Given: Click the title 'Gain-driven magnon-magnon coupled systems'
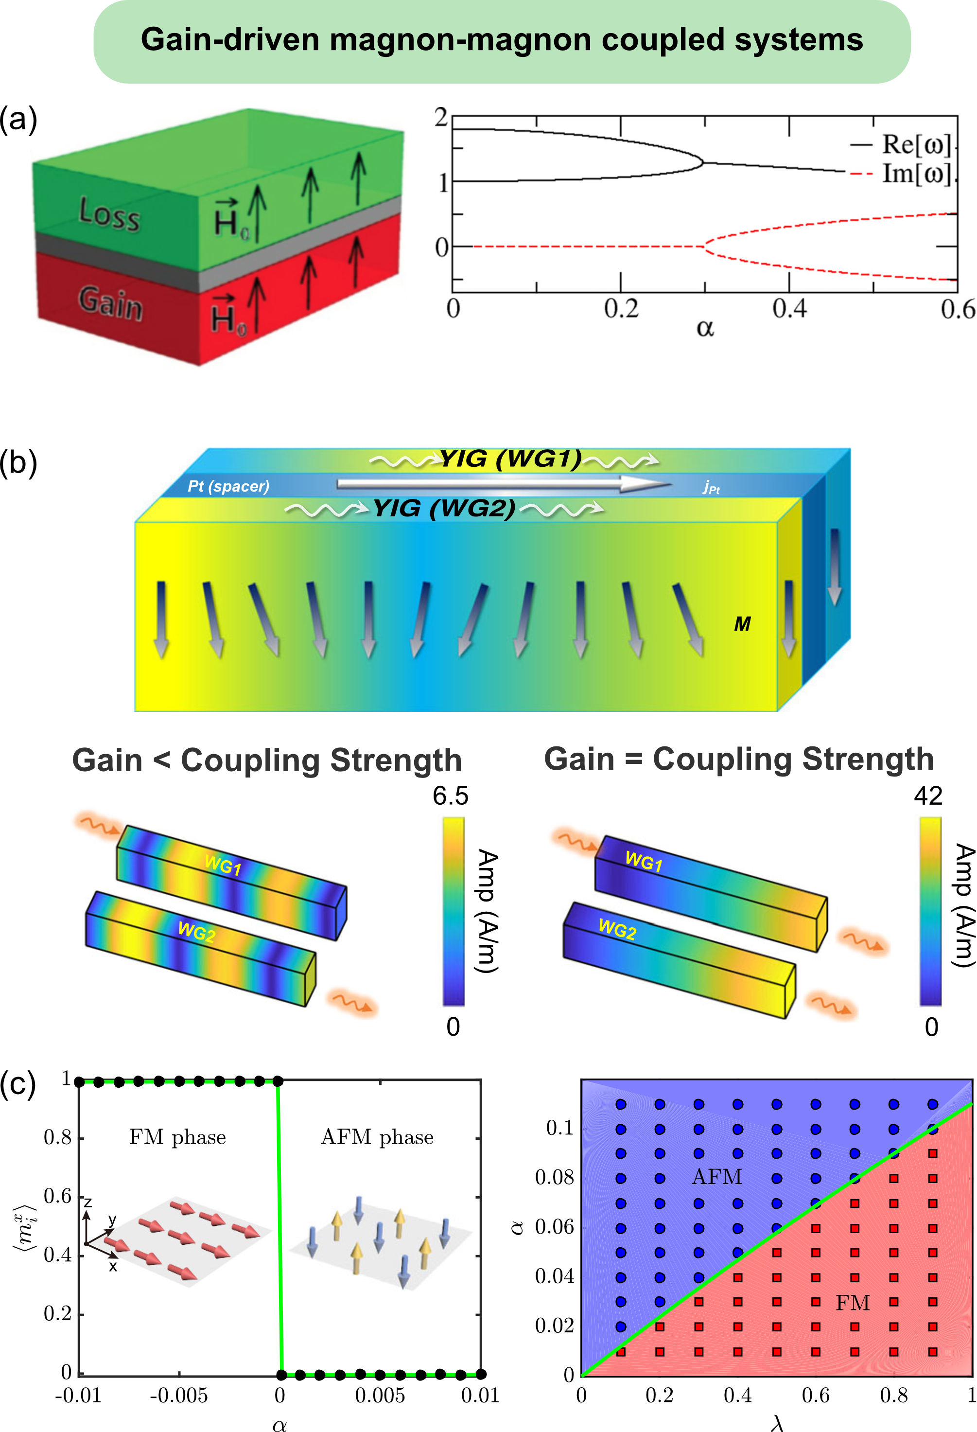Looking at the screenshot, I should [502, 40].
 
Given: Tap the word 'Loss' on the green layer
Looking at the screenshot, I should [110, 214].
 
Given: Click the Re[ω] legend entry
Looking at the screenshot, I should [916, 145].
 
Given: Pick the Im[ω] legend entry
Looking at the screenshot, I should [916, 174].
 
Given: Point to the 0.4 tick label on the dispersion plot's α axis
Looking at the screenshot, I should [789, 309].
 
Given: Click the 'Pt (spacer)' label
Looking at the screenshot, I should [228, 486].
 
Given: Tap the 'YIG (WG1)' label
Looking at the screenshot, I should [510, 459].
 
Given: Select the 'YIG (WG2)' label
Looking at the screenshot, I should [443, 508].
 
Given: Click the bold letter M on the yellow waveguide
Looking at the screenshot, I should [742, 624].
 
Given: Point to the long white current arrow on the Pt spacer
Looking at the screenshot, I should [502, 484].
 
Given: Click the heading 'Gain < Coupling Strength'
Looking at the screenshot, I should [267, 760].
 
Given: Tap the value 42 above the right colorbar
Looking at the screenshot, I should [928, 796].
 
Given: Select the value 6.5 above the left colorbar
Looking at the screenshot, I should [450, 796].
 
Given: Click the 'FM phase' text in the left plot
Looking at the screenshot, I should [177, 1137].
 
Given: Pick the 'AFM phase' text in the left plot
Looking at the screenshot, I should [377, 1137].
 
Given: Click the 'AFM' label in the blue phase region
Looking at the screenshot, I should [716, 1177].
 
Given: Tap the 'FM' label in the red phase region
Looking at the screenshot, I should [853, 1303].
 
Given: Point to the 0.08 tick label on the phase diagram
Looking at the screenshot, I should [554, 1178].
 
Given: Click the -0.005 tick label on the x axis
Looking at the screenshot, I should [179, 1395].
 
